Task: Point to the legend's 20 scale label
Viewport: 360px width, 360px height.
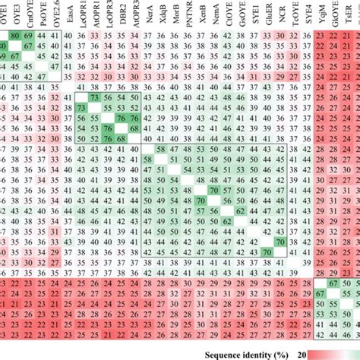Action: click(302, 354)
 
